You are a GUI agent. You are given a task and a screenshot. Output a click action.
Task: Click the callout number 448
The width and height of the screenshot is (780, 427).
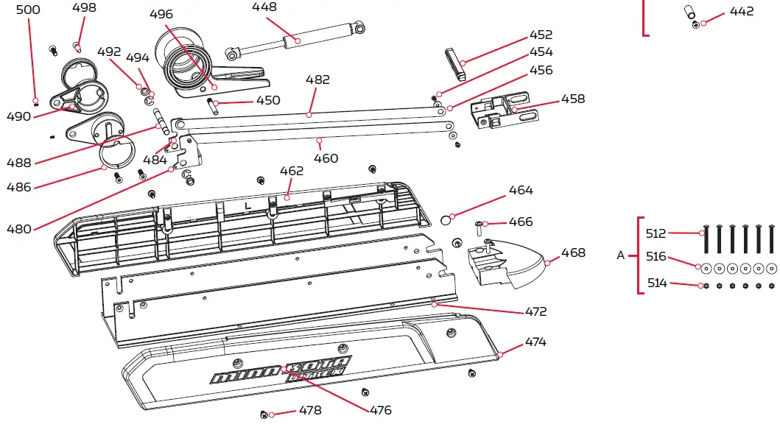coord(264,7)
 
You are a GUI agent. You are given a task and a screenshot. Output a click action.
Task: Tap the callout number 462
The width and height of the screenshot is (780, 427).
coord(292,172)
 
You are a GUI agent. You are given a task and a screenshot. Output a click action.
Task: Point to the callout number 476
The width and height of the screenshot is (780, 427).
coord(381,410)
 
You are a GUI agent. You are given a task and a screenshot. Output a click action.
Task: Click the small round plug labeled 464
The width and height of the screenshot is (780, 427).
coord(446,219)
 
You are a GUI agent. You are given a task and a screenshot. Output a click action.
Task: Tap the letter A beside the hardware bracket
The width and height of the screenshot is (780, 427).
coord(620,256)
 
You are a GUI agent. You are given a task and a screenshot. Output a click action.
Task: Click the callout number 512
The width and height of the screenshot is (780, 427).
coord(656,233)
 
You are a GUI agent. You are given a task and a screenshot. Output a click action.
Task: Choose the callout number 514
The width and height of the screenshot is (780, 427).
coord(656,283)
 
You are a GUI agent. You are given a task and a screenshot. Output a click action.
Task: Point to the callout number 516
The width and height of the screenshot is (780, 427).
coord(656,256)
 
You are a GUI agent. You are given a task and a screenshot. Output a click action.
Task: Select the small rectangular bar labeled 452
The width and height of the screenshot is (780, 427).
coord(454,63)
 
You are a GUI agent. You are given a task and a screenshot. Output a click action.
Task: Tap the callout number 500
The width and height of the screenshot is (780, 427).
coord(29,10)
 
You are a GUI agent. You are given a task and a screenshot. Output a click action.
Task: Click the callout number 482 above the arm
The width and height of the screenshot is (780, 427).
coord(318,80)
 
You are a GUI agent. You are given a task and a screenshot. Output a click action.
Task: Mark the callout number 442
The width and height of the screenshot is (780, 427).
coord(742,12)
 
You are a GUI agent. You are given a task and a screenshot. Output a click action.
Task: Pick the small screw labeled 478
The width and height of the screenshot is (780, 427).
coord(264,416)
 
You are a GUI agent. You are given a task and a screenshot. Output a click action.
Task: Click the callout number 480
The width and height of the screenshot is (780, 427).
coord(19,229)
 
